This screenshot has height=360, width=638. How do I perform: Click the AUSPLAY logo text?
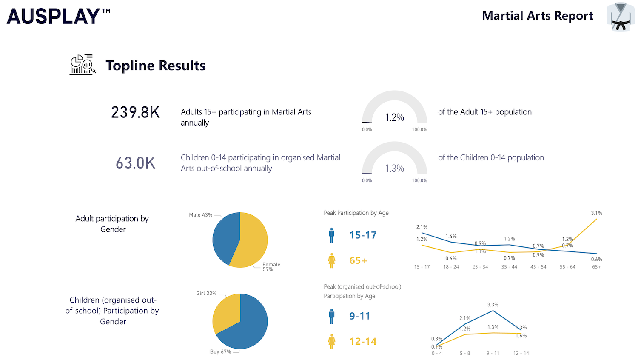(54, 17)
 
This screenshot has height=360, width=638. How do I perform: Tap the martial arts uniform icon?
(621, 17)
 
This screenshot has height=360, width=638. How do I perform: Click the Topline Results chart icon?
(83, 65)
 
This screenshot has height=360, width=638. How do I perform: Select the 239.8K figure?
(135, 112)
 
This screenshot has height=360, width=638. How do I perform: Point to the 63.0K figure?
(135, 163)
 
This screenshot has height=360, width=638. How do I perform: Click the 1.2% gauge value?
(395, 117)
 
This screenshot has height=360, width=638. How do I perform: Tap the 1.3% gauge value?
(395, 169)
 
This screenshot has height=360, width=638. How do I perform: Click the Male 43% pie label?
(200, 215)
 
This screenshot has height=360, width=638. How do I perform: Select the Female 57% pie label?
(271, 267)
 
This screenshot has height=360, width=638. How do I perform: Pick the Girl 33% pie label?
(206, 293)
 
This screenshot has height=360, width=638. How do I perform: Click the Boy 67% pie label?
(220, 351)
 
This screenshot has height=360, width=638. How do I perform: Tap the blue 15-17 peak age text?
(363, 235)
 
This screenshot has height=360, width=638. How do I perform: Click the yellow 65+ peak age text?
(358, 260)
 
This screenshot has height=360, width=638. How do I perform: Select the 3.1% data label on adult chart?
(596, 213)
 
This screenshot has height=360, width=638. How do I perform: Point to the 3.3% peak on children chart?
(493, 305)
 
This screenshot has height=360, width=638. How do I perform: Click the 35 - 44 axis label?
(509, 267)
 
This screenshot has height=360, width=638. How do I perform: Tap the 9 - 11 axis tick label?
(493, 353)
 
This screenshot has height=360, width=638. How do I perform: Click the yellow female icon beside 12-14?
(332, 341)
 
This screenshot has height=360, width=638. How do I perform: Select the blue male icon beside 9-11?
(332, 316)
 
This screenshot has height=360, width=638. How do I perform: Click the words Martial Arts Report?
(537, 16)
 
